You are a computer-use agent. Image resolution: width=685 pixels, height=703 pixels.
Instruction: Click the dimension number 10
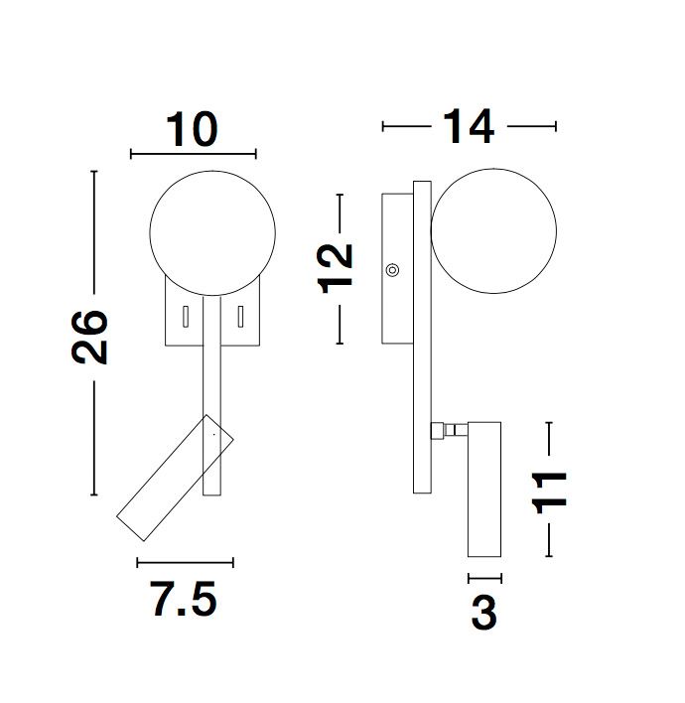[x=193, y=129]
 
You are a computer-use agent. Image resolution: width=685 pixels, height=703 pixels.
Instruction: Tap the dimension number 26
[x=89, y=337]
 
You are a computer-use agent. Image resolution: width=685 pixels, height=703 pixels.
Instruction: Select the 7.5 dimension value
[x=184, y=599]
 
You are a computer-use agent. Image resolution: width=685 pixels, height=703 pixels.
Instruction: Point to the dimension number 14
[x=469, y=126]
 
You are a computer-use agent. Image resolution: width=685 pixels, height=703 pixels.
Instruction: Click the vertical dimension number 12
[x=336, y=268]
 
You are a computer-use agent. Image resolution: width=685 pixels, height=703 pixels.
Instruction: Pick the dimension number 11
[x=549, y=492]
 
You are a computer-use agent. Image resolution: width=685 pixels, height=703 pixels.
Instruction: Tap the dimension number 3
[x=484, y=613]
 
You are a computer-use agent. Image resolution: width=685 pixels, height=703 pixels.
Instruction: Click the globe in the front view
[x=212, y=233]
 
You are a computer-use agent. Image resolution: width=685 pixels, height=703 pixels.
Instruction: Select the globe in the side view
[x=493, y=231]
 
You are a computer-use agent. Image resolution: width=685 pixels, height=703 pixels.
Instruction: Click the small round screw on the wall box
[x=392, y=270]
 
